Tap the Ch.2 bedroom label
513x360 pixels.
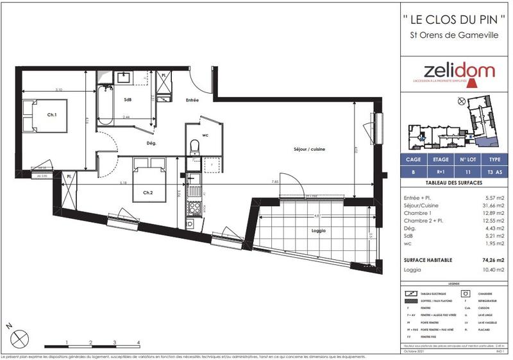coord(147,193)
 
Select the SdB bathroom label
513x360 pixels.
coord(128,99)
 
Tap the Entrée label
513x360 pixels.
coord(192,100)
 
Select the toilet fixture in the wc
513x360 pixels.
coord(194,147)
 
